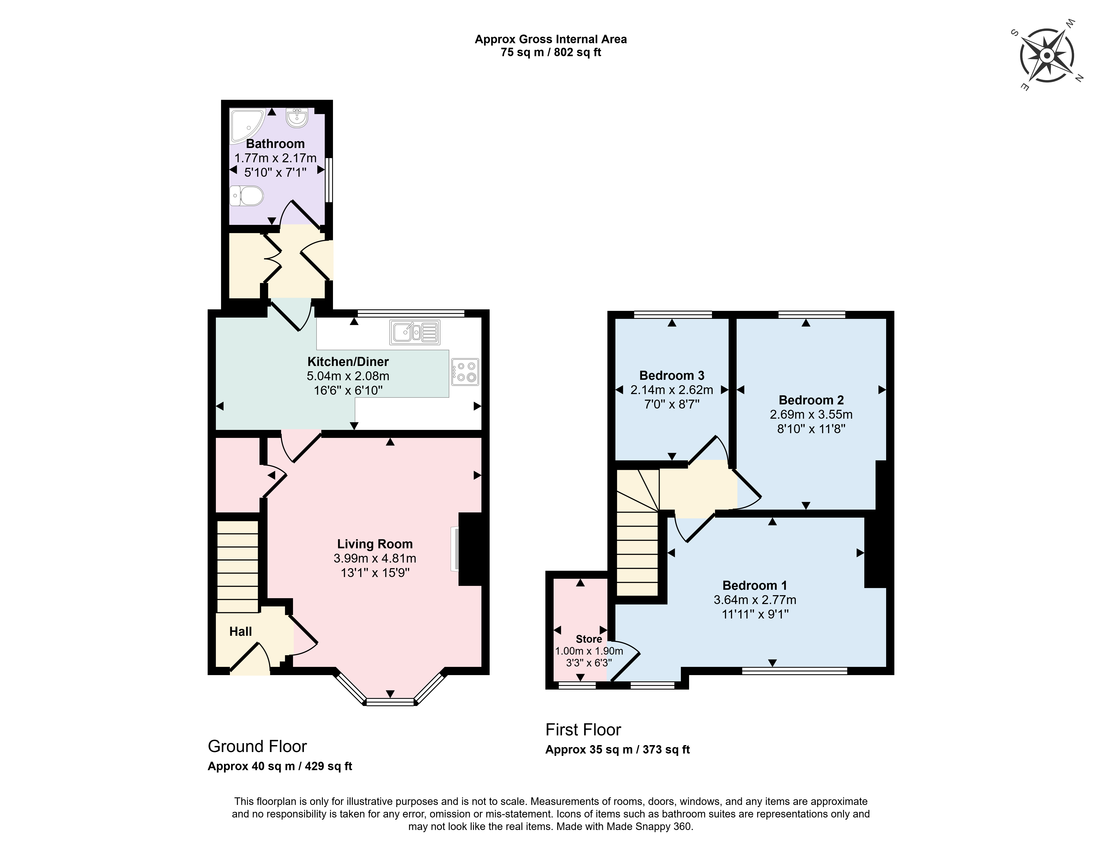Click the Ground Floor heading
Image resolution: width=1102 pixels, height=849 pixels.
coord(257,746)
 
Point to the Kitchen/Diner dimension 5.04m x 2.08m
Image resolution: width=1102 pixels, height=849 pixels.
coord(348,376)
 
